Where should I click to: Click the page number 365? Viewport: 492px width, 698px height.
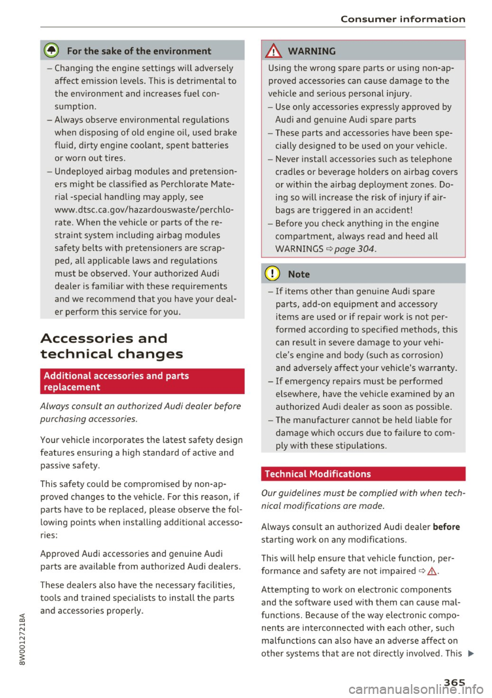tap(454, 682)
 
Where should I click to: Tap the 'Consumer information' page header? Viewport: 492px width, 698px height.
tap(403, 19)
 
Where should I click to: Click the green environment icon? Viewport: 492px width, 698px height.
tap(51, 51)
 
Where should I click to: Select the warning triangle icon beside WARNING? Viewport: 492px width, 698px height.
tap(274, 51)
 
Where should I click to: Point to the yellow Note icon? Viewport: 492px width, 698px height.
tap(272, 274)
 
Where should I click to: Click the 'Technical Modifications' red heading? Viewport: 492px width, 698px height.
tap(318, 474)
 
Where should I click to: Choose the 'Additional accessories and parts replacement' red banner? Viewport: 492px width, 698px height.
tap(142, 381)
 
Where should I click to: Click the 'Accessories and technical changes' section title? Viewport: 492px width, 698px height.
tap(111, 346)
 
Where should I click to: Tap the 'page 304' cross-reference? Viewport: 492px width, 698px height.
tap(354, 249)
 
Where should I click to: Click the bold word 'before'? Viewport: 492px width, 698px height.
tap(446, 527)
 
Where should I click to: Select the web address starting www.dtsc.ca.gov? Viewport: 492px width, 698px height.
tap(144, 210)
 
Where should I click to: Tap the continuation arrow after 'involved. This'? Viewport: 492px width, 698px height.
tap(471, 653)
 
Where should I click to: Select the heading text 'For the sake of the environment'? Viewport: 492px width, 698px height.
tap(139, 51)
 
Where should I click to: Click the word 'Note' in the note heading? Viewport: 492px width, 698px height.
tap(299, 274)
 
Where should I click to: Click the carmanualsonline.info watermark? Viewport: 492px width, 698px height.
tap(416, 689)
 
